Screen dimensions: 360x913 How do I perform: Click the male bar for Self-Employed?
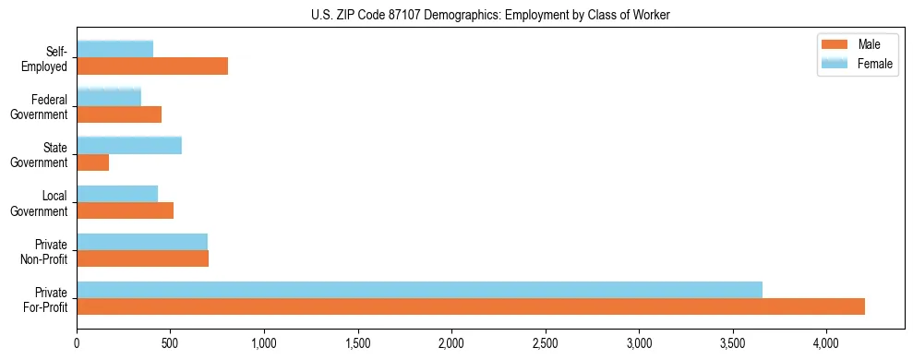click(152, 66)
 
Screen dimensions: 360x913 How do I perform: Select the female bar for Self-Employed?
click(114, 49)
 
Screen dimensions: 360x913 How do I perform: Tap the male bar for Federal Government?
click(119, 114)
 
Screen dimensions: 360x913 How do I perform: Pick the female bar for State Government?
click(129, 145)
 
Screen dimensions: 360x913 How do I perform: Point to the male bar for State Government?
click(92, 162)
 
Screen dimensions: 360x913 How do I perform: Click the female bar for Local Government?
click(117, 193)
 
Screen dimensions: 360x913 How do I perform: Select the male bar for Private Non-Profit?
click(142, 258)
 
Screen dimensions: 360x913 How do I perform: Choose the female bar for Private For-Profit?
click(419, 289)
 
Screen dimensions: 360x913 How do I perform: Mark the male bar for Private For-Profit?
click(471, 306)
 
